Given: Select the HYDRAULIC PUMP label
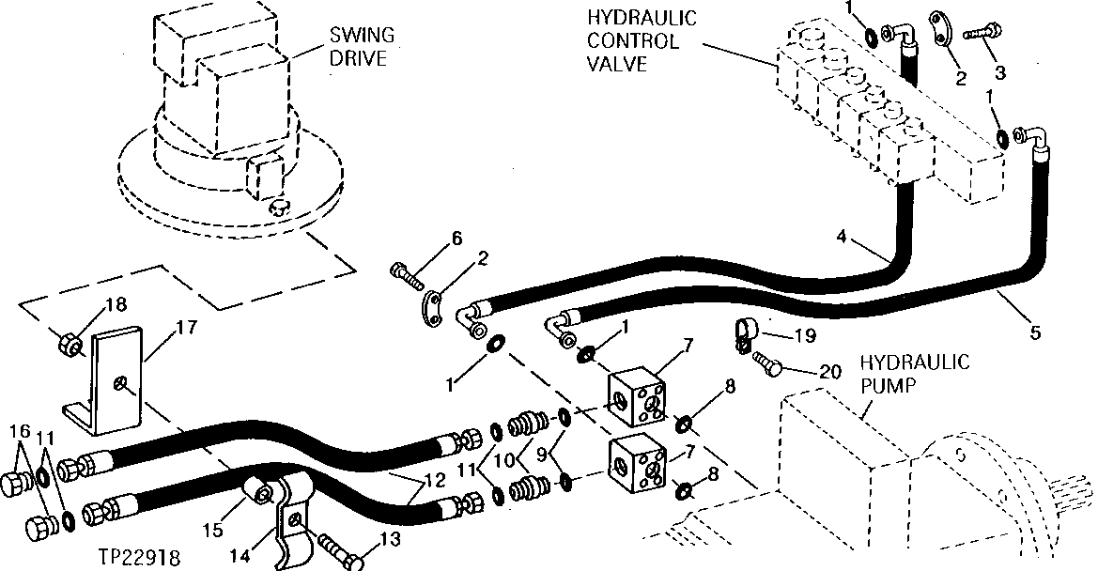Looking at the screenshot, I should tap(915, 374).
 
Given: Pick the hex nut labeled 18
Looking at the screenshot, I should tap(70, 341).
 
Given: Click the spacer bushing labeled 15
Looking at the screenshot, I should tap(255, 489).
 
